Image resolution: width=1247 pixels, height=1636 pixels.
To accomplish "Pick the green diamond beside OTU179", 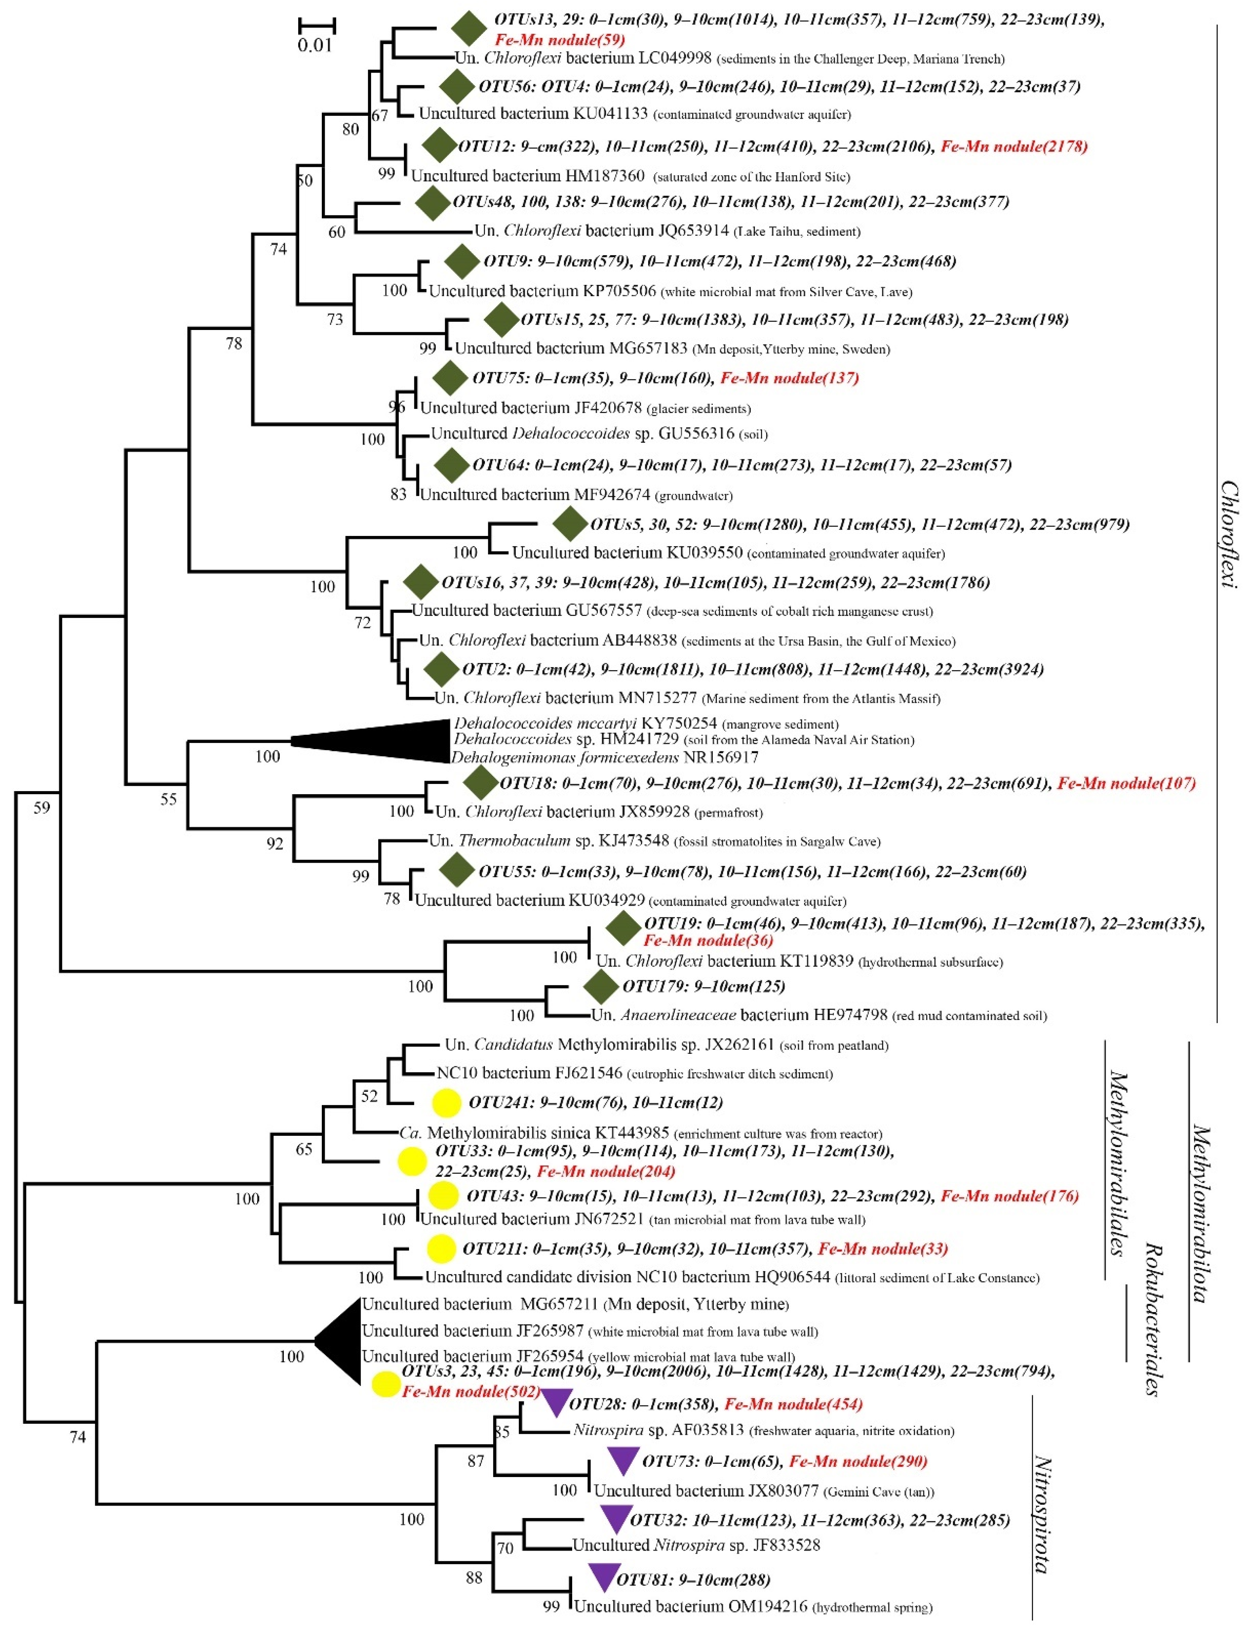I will (x=600, y=986).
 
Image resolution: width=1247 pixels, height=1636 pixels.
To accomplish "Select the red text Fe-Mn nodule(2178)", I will (x=1014, y=146).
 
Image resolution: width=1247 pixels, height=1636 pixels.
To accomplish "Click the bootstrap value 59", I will (x=42, y=807).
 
